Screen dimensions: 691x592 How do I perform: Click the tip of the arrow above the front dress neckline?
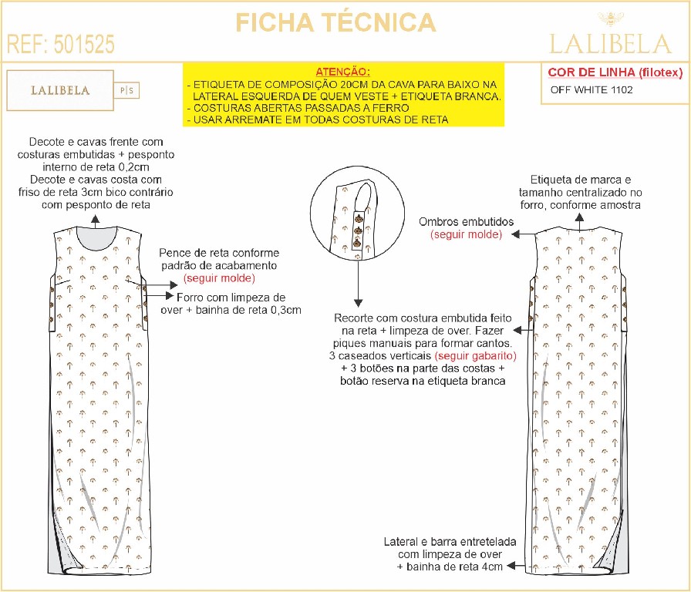tap(96, 215)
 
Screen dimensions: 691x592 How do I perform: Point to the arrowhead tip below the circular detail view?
tap(359, 307)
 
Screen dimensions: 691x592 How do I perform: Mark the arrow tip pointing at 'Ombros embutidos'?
tap(511, 235)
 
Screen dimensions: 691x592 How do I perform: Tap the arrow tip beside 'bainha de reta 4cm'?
tap(507, 566)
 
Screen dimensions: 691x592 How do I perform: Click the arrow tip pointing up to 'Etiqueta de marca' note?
tap(579, 214)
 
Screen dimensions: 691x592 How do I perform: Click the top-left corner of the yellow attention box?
tap(183, 63)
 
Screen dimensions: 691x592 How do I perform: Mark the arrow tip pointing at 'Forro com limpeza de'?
tap(174, 295)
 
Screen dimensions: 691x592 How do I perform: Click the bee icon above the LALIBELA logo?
tap(611, 19)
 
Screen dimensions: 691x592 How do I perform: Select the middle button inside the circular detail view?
tap(358, 230)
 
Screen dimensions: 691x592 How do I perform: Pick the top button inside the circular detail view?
tap(359, 218)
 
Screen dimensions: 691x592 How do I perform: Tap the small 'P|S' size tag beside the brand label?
tap(126, 91)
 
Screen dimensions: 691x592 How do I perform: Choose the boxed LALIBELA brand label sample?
tap(60, 90)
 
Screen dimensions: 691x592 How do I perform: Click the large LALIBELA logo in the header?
tap(610, 44)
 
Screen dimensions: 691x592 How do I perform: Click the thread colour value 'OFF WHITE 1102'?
tap(592, 90)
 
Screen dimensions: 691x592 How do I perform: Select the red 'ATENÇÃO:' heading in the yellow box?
tap(343, 72)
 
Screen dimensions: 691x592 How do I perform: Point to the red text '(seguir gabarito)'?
tap(476, 355)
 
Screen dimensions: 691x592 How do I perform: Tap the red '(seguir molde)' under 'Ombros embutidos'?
tap(467, 234)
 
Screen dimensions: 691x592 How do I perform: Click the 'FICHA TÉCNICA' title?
tap(335, 23)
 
